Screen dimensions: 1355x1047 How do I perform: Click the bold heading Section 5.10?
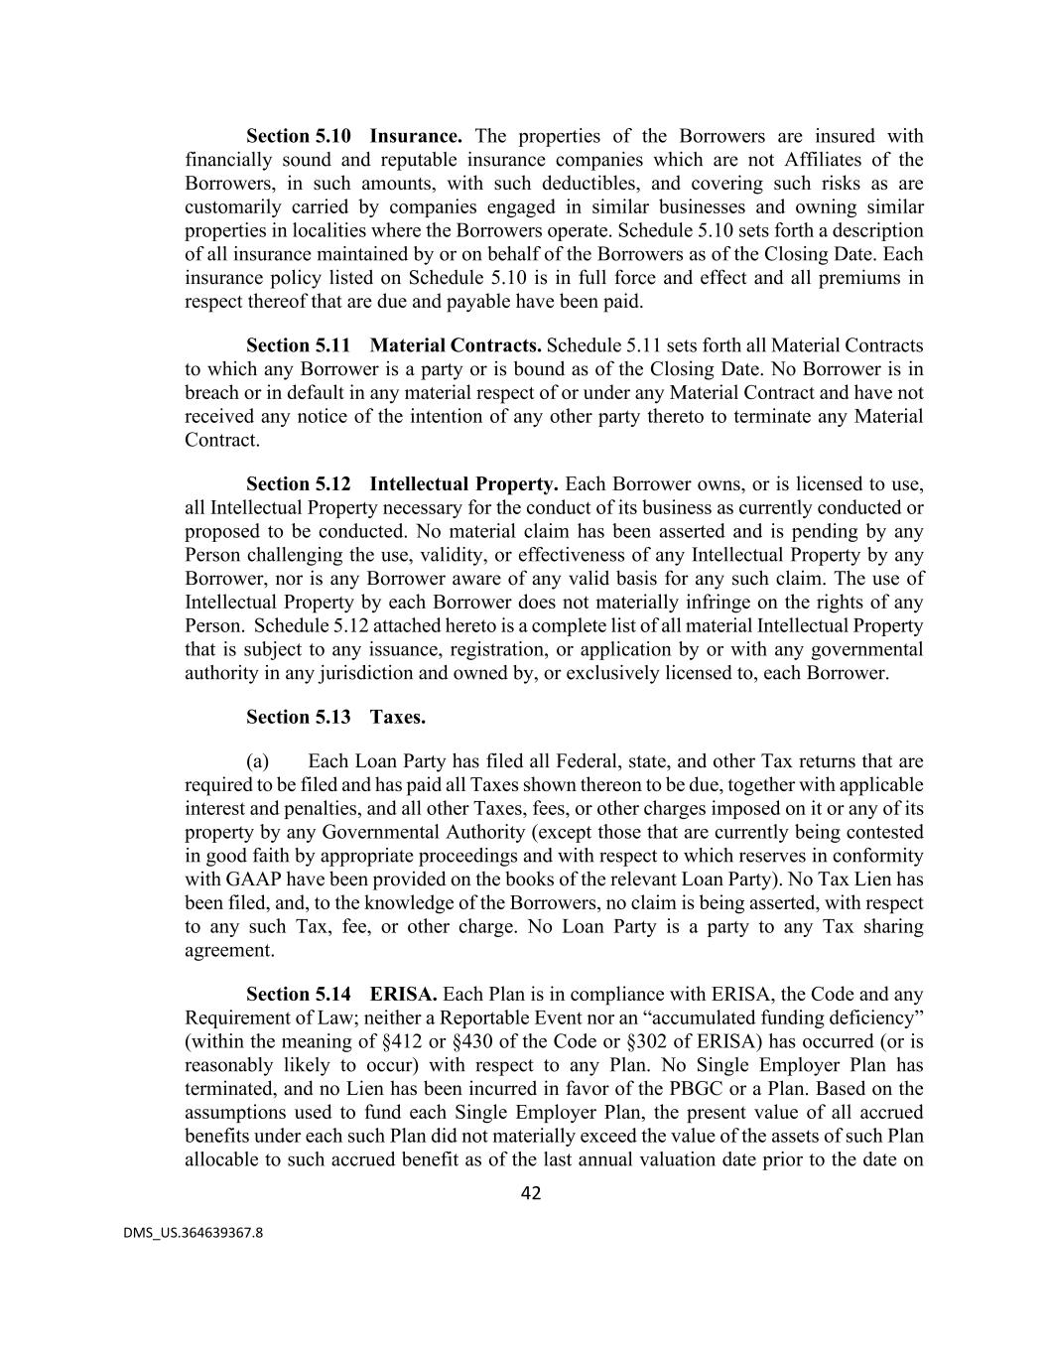click(298, 136)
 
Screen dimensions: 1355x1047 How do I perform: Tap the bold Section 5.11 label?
click(298, 345)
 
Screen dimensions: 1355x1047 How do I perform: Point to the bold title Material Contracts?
click(456, 345)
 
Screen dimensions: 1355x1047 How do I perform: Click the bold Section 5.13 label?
click(298, 717)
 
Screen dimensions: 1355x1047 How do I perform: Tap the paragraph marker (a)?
click(257, 761)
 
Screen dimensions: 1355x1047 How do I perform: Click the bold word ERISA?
click(403, 995)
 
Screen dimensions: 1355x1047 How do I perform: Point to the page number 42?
click(531, 1194)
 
